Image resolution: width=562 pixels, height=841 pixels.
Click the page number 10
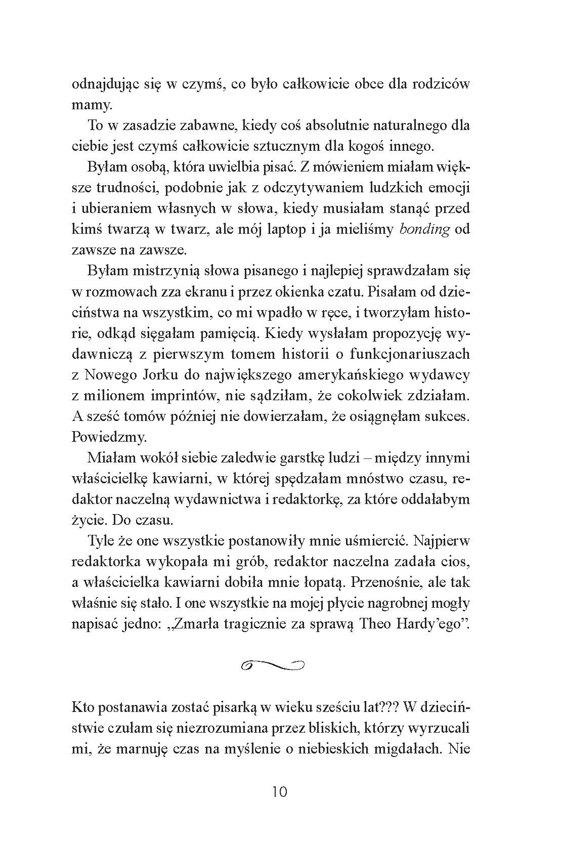(x=280, y=790)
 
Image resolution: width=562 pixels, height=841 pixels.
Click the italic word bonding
(x=424, y=230)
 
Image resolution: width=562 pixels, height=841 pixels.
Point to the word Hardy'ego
(x=432, y=624)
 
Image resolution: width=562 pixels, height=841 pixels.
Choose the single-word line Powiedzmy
(x=105, y=437)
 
